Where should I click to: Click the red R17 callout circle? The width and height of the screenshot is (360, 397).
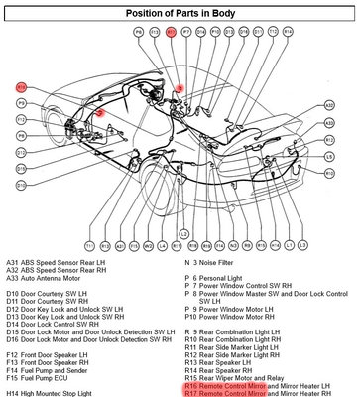[x=170, y=32]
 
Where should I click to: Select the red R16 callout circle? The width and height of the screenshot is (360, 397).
[x=21, y=88]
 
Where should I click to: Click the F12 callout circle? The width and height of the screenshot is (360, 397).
[x=21, y=119]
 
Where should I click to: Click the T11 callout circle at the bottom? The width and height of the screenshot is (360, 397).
[x=90, y=244]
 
